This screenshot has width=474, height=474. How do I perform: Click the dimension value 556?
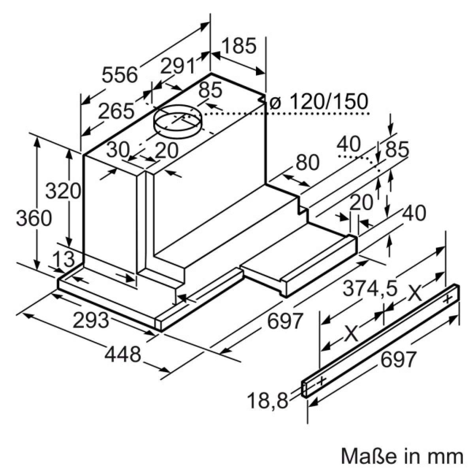point(120,75)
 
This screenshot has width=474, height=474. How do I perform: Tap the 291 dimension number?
point(178,66)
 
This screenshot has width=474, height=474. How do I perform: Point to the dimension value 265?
point(117,111)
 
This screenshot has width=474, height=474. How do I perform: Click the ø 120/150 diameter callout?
point(319,101)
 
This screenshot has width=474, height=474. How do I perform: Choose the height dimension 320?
point(63,190)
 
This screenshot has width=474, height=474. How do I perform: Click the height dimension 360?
point(34,218)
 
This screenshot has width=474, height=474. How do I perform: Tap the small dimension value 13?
point(63,259)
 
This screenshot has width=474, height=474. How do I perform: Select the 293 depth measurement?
point(91,320)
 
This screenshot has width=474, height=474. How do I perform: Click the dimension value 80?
point(307,162)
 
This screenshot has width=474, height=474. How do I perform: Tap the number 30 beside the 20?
point(118,150)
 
